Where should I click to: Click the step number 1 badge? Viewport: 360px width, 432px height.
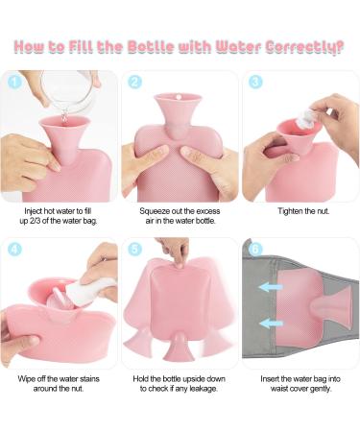point(14,83)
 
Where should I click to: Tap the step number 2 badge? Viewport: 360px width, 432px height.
point(134,83)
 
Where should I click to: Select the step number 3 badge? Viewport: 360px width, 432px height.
point(255,83)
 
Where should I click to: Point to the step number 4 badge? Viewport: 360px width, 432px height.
point(14,249)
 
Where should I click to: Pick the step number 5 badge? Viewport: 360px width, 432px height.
point(134,249)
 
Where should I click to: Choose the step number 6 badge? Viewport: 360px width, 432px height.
point(255,249)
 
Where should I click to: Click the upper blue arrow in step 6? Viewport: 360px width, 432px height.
point(271,287)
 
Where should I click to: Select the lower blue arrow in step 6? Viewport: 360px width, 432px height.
point(271,324)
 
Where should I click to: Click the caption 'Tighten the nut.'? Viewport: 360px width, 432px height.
point(303,211)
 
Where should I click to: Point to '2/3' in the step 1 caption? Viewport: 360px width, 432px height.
point(33,221)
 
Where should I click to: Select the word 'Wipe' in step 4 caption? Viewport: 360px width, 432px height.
point(26,379)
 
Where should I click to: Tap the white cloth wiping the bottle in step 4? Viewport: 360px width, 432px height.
point(89,289)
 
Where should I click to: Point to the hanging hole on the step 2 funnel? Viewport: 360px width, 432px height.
point(179,96)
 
